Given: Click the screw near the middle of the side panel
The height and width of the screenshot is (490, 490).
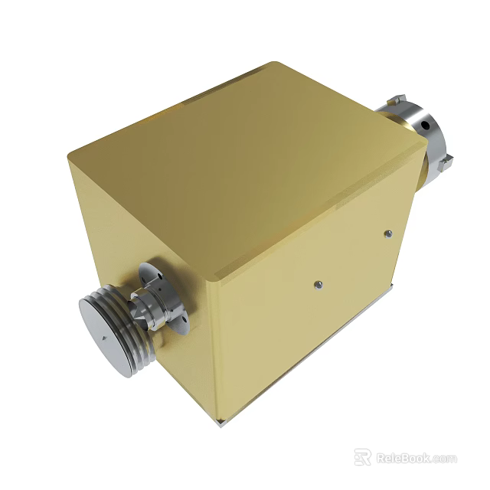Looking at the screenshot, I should [318, 285].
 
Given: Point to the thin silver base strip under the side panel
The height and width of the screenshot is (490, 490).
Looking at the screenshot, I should [322, 348].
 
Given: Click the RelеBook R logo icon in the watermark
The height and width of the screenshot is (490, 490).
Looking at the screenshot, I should [363, 457].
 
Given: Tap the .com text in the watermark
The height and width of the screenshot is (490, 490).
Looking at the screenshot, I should [444, 459].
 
